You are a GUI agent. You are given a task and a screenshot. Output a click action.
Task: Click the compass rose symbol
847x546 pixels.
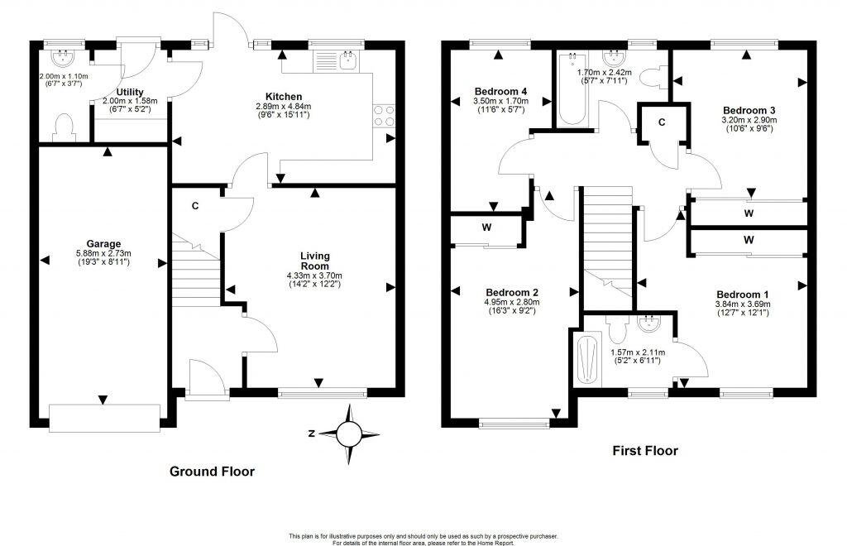(x=351, y=432)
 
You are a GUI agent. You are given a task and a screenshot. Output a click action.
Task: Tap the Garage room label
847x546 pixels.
(x=103, y=244)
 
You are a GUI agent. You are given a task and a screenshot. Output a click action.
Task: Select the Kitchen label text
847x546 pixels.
(x=283, y=97)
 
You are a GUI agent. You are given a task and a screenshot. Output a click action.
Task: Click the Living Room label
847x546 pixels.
(x=313, y=261)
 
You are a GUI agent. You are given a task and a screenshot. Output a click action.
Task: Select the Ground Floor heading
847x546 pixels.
(x=211, y=472)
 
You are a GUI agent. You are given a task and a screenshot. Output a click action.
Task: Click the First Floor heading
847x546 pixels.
(x=644, y=451)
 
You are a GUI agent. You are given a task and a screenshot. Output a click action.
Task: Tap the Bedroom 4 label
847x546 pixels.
(x=501, y=91)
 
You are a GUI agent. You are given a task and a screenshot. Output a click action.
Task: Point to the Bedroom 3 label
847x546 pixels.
(x=749, y=110)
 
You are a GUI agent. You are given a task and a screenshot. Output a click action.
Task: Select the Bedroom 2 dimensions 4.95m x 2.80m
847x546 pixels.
(x=512, y=303)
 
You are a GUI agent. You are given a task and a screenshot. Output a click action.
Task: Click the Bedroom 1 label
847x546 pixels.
(x=742, y=295)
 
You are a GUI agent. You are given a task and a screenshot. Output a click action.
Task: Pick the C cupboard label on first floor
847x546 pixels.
(x=662, y=122)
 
